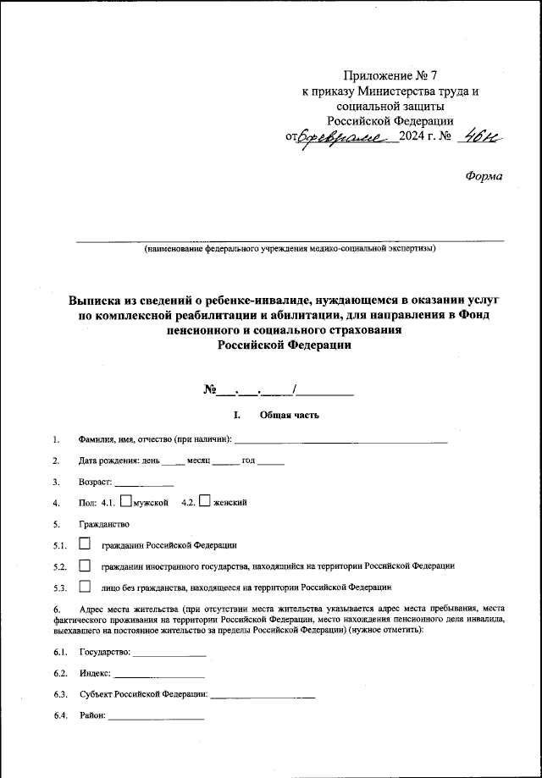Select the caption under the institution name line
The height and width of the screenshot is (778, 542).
(290, 249)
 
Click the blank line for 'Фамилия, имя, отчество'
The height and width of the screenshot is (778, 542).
(340, 440)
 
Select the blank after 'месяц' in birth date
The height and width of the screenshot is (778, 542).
(225, 461)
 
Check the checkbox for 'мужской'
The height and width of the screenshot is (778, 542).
(126, 501)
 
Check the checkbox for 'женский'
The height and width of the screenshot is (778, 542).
(204, 501)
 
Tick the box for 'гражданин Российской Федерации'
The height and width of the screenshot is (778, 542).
(84, 544)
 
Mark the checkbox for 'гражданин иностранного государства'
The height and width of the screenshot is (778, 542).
(84, 565)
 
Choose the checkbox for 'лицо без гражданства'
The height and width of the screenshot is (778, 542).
(84, 586)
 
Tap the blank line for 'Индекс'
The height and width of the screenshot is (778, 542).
(159, 675)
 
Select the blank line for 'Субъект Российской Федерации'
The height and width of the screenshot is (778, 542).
(263, 695)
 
